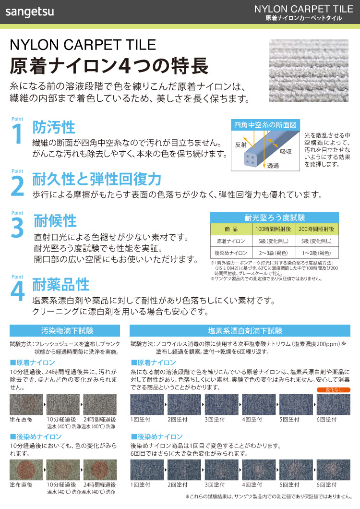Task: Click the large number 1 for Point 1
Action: (x=17, y=133)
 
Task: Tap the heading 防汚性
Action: (x=54, y=128)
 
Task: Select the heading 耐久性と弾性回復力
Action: (x=96, y=180)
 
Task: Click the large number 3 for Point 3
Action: (x=17, y=228)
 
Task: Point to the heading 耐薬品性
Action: (x=61, y=284)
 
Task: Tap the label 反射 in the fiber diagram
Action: (x=240, y=144)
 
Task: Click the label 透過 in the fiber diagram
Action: (x=273, y=166)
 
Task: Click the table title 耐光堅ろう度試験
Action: (x=275, y=218)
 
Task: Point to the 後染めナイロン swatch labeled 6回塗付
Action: (x=333, y=470)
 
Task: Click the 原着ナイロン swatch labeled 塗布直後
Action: (x=26, y=405)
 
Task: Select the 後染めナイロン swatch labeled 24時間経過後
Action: (x=100, y=470)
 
